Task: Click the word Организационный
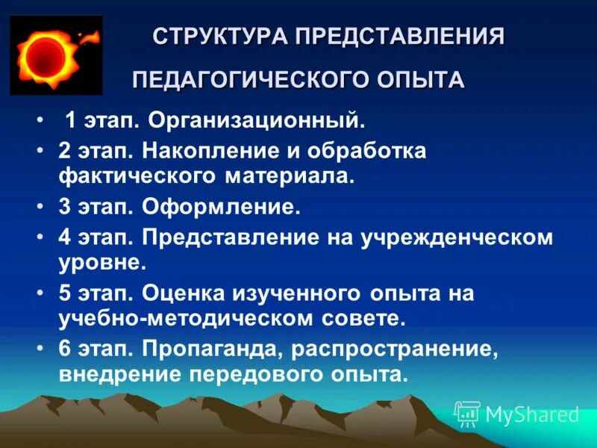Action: coord(257,120)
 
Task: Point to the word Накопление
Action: coord(206,152)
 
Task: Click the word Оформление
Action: coord(221,207)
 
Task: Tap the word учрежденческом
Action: coord(458,238)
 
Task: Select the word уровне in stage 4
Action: coord(101,263)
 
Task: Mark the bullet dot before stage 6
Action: coord(40,349)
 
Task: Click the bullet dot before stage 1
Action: coord(40,120)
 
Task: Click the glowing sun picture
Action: coord(46,57)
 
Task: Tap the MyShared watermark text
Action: coord(531,414)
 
